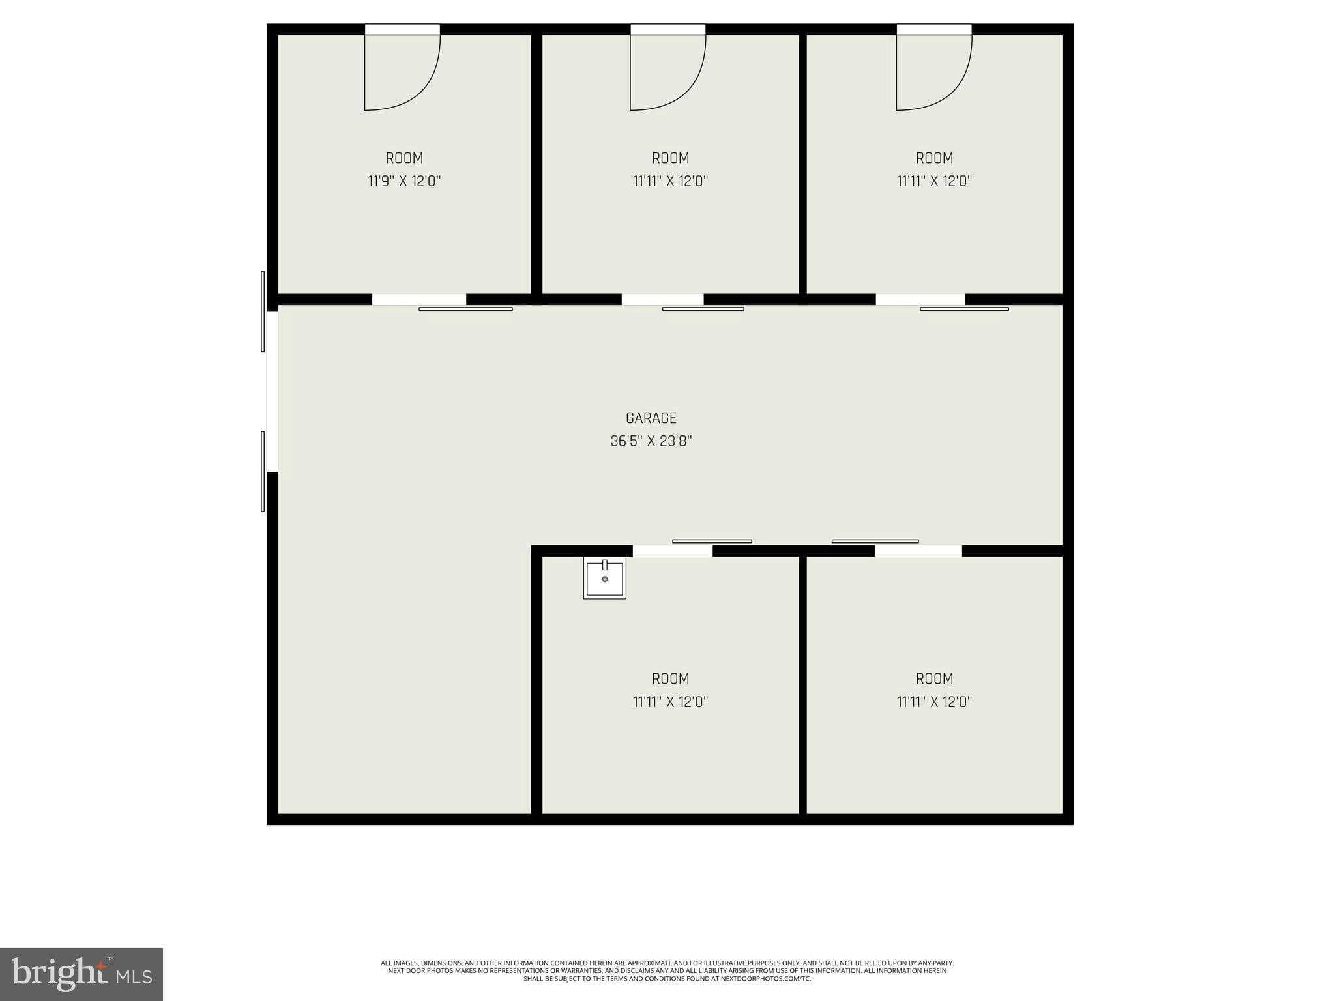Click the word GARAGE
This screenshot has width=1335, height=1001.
pyautogui.click(x=651, y=418)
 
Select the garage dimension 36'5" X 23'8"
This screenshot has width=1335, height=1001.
pyautogui.click(x=651, y=441)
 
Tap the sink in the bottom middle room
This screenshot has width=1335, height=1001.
pyautogui.click(x=604, y=579)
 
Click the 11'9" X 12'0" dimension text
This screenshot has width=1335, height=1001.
pyautogui.click(x=404, y=181)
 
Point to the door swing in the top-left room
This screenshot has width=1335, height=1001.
pyautogui.click(x=401, y=72)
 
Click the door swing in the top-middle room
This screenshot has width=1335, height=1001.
pyautogui.click(x=667, y=72)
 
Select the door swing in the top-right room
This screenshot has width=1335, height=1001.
pyautogui.click(x=933, y=72)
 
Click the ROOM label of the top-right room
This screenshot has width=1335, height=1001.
pyautogui.click(x=934, y=158)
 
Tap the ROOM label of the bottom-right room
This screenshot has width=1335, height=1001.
pyautogui.click(x=934, y=679)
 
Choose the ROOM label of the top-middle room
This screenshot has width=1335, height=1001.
pyautogui.click(x=670, y=158)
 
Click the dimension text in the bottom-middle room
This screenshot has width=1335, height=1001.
pyautogui.click(x=670, y=702)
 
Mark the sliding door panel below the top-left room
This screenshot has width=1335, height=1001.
pyautogui.click(x=465, y=309)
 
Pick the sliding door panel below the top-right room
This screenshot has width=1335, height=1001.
pyautogui.click(x=964, y=309)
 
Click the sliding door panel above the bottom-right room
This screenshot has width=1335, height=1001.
pyautogui.click(x=875, y=541)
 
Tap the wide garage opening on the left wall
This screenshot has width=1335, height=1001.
pyautogui.click(x=272, y=391)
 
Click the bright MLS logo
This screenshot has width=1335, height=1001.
pyautogui.click(x=81, y=974)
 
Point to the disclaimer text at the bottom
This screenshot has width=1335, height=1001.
pyautogui.click(x=667, y=970)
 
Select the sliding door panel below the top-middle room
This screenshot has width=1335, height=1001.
pyautogui.click(x=703, y=309)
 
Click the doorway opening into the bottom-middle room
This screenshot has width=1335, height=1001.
pyautogui.click(x=672, y=551)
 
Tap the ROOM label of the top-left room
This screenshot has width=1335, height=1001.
pyautogui.click(x=404, y=158)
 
